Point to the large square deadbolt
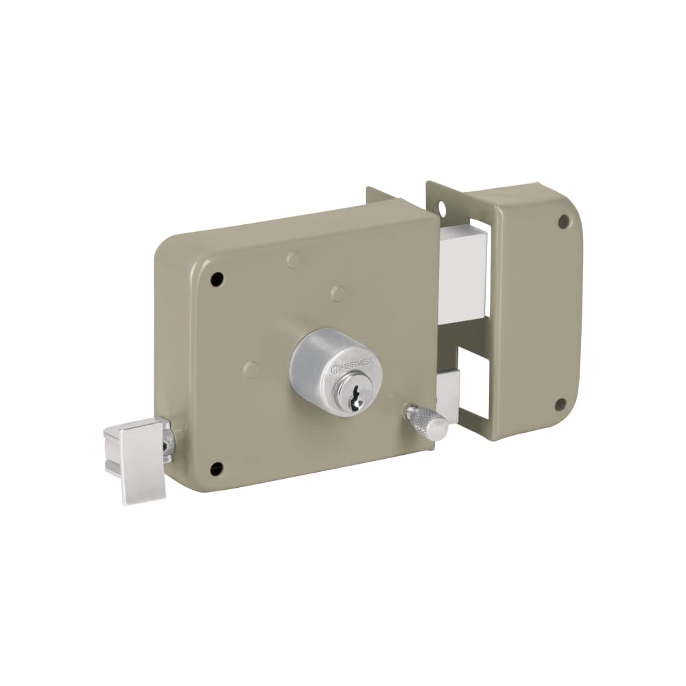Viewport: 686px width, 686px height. (x=462, y=270)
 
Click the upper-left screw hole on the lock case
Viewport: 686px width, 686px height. (x=217, y=279)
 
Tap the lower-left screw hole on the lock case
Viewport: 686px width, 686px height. (x=216, y=469)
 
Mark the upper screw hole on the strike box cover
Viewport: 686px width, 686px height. (x=563, y=222)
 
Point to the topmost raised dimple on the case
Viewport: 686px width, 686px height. (x=293, y=259)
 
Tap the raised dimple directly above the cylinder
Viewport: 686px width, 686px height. (x=338, y=294)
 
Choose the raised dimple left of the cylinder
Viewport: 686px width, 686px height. (x=251, y=369)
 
